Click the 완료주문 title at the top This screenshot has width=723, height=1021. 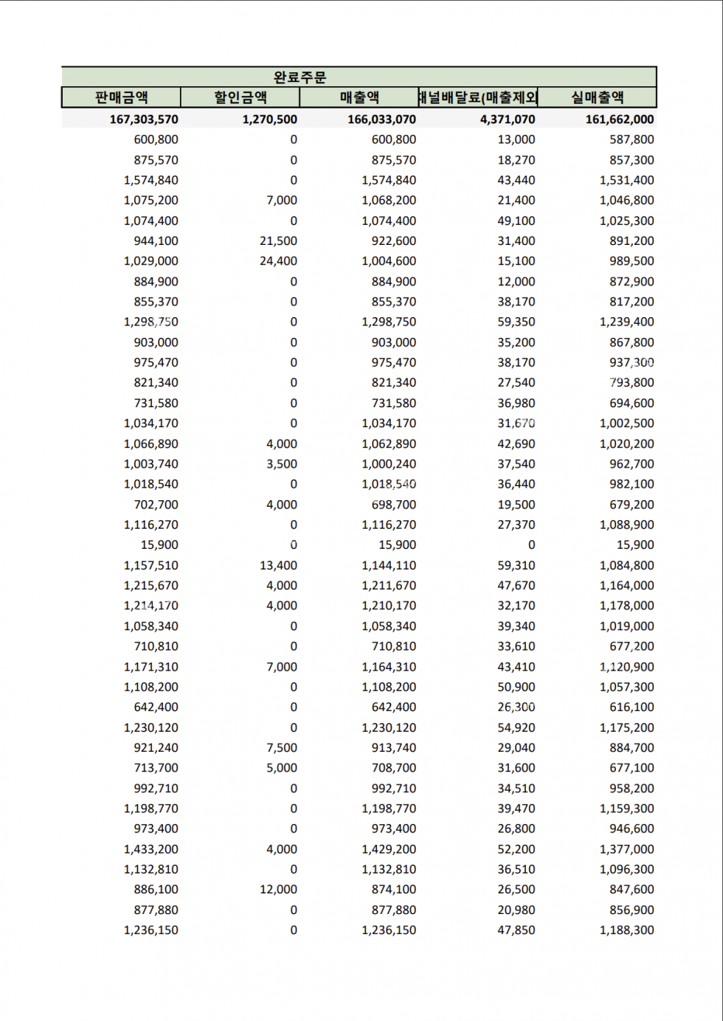300,77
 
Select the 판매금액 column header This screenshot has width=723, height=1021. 121,97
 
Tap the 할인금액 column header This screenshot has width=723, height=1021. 240,97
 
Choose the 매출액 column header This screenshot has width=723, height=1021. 359,97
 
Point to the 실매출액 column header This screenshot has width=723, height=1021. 597,97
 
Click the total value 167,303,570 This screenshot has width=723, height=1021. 144,120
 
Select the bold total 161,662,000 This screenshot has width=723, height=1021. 619,120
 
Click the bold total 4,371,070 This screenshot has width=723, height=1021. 508,120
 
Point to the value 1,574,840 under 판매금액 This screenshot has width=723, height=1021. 151,180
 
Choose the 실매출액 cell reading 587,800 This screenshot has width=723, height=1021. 632,139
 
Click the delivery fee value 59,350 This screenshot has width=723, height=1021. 516,322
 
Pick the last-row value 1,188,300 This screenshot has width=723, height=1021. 626,930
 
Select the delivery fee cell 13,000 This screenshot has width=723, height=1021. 516,139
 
